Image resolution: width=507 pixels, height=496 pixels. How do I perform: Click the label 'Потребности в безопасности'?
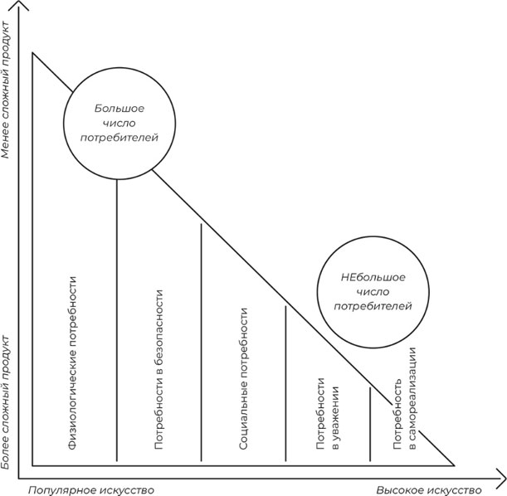[x=158, y=369]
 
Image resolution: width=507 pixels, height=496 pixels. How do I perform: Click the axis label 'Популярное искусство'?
[x=91, y=489]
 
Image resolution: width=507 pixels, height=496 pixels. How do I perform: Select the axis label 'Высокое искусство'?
[x=428, y=489]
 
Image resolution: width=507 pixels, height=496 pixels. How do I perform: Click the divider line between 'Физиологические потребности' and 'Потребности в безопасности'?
[x=116, y=323]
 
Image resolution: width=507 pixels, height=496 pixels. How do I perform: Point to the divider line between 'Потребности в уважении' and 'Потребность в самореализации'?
[x=370, y=423]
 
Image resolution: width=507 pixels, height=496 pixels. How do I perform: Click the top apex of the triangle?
[x=32, y=52]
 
